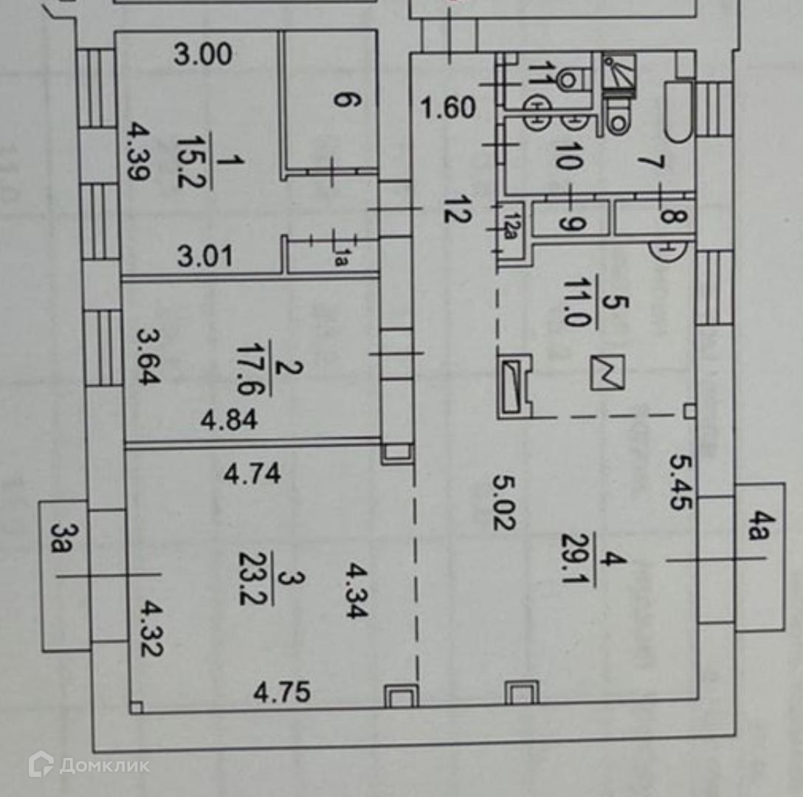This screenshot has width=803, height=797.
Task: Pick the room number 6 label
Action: pyautogui.click(x=341, y=98)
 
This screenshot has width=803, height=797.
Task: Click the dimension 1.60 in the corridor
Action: pyautogui.click(x=448, y=108)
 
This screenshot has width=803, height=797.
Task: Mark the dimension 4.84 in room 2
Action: pyautogui.click(x=230, y=421)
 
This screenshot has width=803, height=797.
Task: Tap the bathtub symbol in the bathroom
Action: pyautogui.click(x=678, y=111)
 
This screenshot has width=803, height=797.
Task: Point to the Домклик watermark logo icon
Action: pyautogui.click(x=41, y=765)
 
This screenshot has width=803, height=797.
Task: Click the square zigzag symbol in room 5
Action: pyautogui.click(x=607, y=372)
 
